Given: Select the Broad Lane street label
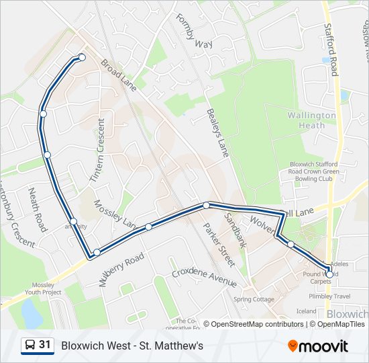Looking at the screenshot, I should (x=118, y=75).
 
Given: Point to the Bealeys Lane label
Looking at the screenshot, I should (x=218, y=133).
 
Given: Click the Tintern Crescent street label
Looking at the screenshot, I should (x=97, y=150).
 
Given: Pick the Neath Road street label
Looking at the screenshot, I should (x=37, y=210).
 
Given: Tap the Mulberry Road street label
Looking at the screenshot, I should (x=122, y=270).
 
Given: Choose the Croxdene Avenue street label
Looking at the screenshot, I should (x=204, y=276).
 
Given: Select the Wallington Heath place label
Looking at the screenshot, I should (x=311, y=120).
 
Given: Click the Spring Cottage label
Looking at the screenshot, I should (x=254, y=299).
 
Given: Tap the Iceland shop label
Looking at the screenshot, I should (x=306, y=311).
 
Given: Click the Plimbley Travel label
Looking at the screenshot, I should (x=329, y=296).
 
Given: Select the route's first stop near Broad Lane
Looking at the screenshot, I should (x=82, y=57).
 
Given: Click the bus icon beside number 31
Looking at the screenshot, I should (x=30, y=346).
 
